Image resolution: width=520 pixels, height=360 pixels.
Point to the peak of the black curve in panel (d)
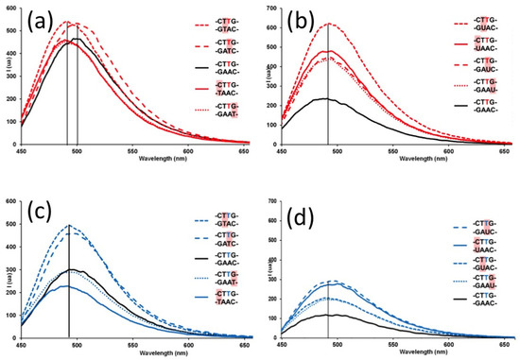click(328, 315)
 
